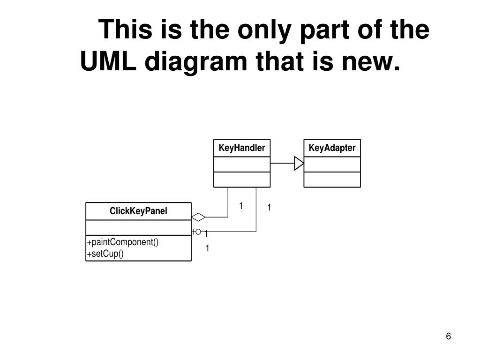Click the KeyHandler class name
[x=242, y=148]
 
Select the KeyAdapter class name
[x=332, y=148]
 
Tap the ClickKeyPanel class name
[x=138, y=211]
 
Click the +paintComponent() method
[x=123, y=242]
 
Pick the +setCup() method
[x=105, y=254]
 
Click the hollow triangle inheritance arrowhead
[x=299, y=163]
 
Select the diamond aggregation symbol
[x=199, y=217]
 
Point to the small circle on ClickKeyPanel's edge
[x=198, y=232]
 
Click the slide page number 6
[x=449, y=337]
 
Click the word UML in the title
[x=108, y=62]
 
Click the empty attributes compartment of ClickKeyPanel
[x=138, y=228]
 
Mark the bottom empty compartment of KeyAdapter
[x=332, y=180]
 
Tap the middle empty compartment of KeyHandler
[x=242, y=164]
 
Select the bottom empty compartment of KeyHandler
[x=242, y=180]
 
